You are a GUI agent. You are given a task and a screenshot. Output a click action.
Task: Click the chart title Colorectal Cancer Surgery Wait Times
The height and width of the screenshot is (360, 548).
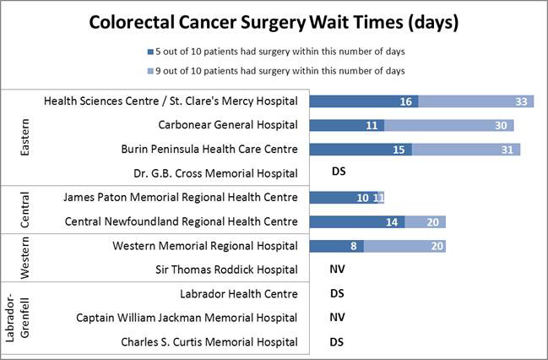[x=274, y=23]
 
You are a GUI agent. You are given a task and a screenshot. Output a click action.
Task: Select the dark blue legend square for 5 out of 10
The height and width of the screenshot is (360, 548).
[x=149, y=51]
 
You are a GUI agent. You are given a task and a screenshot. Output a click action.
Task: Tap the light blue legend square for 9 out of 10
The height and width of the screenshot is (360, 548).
[x=149, y=69]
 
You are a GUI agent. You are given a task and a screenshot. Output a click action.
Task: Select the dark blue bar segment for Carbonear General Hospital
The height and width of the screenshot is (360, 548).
[x=347, y=125]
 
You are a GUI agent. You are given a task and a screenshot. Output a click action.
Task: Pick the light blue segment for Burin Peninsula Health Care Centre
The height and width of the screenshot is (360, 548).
[x=466, y=150]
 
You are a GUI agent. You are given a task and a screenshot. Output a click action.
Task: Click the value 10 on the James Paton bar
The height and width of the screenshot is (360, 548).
[x=362, y=198]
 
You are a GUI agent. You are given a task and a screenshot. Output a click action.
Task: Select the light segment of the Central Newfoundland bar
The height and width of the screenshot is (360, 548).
[x=426, y=221]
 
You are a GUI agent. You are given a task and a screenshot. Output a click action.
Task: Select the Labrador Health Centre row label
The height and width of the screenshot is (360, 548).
[x=239, y=294]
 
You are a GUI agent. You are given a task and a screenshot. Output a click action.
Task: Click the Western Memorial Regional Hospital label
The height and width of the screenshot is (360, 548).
[x=205, y=246]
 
